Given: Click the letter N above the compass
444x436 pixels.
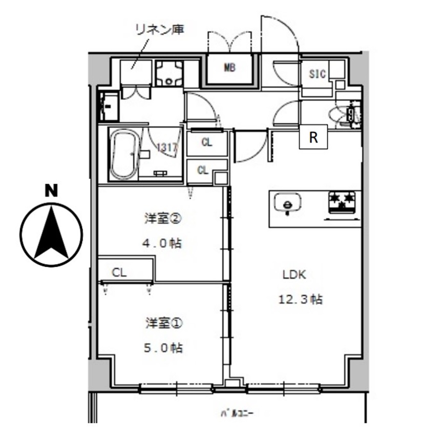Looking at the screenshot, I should click(51, 191).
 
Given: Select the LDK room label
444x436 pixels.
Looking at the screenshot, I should click(294, 274).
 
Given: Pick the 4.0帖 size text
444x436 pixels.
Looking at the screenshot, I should click(163, 243).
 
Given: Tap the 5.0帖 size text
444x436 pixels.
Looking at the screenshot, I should click(163, 348).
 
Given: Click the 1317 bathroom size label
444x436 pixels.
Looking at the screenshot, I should click(167, 148).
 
